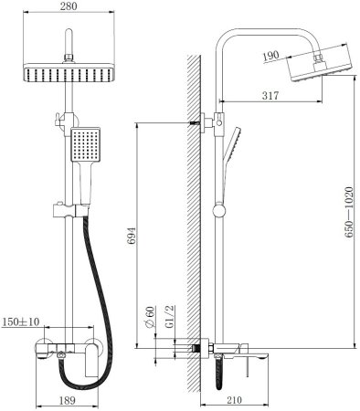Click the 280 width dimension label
click(69, 6)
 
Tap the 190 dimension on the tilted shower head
click(270, 56)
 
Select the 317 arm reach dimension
click(270, 96)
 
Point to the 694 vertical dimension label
click(132, 236)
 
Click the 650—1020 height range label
click(349, 213)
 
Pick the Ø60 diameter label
click(150, 317)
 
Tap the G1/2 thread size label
click(169, 317)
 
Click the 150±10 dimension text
click(21, 321)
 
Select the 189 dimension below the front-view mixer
click(67, 401)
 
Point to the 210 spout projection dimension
click(234, 400)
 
